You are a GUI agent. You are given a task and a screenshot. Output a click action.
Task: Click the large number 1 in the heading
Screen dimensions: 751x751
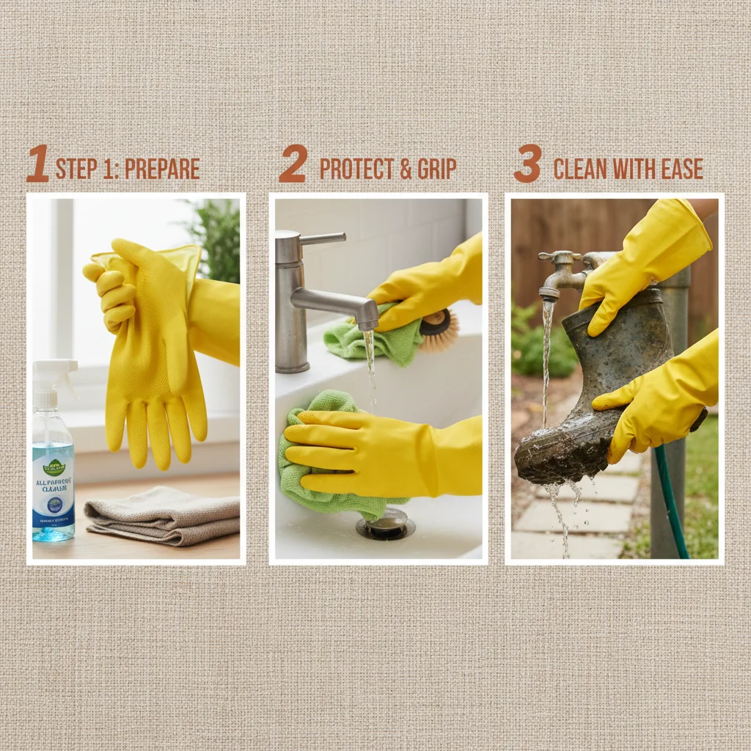click(38, 164)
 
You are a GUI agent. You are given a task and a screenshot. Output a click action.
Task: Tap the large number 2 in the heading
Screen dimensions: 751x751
click(293, 164)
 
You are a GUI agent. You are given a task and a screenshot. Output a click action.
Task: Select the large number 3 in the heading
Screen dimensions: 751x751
click(527, 164)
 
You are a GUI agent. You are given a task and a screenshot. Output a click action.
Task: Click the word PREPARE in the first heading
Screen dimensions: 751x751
click(162, 169)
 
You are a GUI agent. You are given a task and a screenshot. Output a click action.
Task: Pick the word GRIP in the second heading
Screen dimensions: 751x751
click(437, 169)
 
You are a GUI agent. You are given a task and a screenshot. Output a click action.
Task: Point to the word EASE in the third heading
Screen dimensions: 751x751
click(681, 169)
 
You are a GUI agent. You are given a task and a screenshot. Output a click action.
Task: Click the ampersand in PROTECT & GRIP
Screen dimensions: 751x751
click(406, 169)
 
